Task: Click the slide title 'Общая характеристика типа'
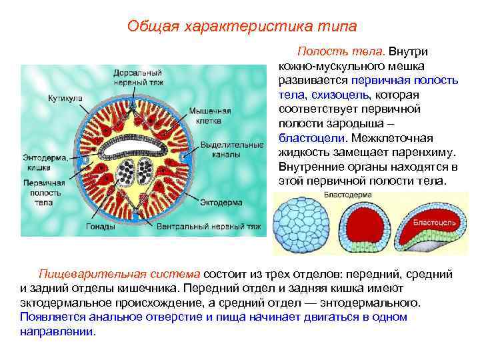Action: tap(242, 26)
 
